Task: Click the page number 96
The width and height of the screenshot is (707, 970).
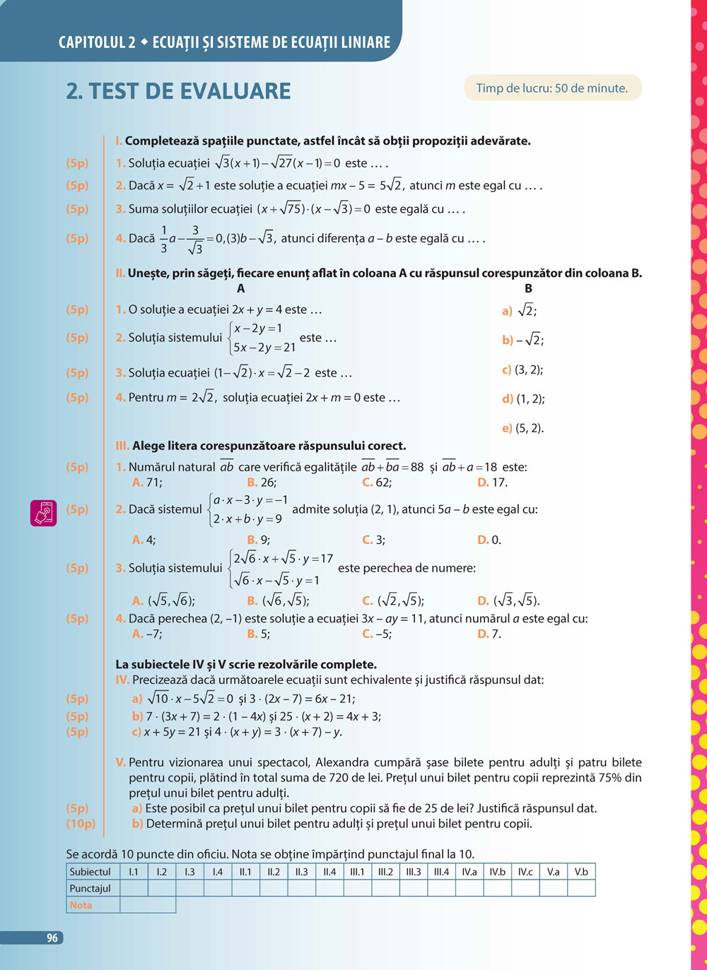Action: [x=52, y=938]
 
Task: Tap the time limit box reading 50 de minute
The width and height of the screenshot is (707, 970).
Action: [x=552, y=88]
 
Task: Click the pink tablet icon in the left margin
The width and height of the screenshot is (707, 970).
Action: [x=43, y=513]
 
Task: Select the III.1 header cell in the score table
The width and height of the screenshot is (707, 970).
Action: [x=357, y=872]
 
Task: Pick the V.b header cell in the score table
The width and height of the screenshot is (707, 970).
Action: [x=581, y=872]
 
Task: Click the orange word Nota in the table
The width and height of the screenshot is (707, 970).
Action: [x=81, y=905]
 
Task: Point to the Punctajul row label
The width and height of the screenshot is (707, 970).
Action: [x=90, y=888]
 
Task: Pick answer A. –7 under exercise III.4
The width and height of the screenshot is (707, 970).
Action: [x=147, y=634]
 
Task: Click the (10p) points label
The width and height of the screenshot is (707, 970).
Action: [x=81, y=823]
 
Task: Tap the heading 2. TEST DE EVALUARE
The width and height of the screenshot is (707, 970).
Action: [x=178, y=91]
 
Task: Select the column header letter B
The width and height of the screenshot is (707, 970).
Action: [x=528, y=288]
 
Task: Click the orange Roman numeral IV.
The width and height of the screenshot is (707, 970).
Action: [x=122, y=680]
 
